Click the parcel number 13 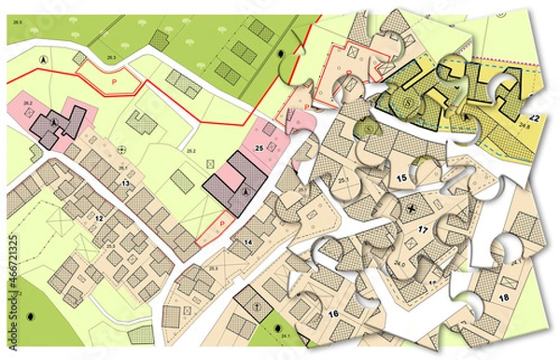pos(123,185)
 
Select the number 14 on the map pos(247,242)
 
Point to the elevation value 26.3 pos(111,58)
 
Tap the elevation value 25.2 pos(190,150)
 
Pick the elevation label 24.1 pos(286,337)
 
